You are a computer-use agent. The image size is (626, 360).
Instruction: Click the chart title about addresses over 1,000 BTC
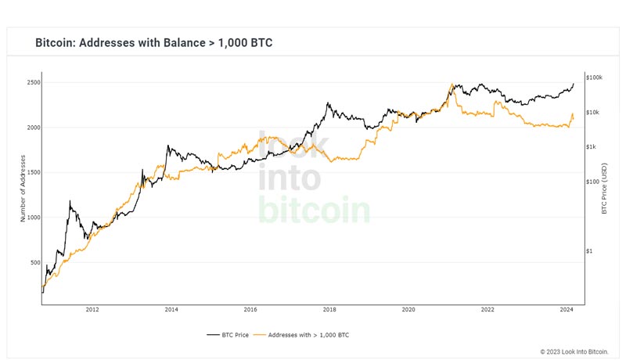click(x=153, y=42)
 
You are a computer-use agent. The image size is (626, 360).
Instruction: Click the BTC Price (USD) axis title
click(x=604, y=189)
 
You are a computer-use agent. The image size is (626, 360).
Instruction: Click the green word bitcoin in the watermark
click(x=314, y=210)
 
